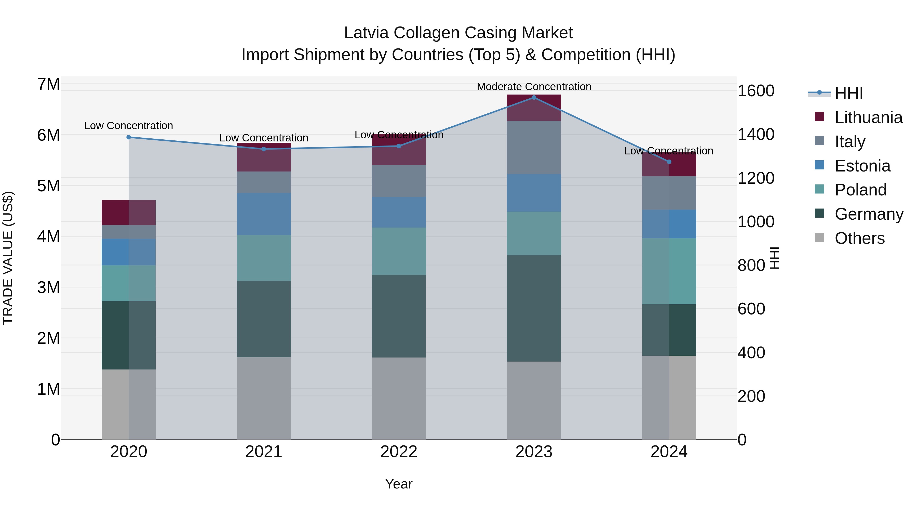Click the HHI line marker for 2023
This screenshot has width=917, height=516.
pyautogui.click(x=534, y=98)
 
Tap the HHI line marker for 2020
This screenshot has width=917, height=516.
pyautogui.click(x=129, y=137)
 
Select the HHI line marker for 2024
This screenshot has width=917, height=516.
pyautogui.click(x=669, y=162)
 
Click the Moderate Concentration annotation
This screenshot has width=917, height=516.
pyautogui.click(x=534, y=87)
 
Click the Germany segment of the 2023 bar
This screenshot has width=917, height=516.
pyautogui.click(x=534, y=308)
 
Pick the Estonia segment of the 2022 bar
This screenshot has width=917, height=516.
pyautogui.click(x=399, y=212)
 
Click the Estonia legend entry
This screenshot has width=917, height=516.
pyautogui.click(x=862, y=166)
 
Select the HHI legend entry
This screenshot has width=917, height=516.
pyautogui.click(x=849, y=93)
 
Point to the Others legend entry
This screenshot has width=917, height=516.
pyautogui.click(x=859, y=238)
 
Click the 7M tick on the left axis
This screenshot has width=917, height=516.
pyautogui.click(x=48, y=84)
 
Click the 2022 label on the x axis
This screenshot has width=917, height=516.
pyautogui.click(x=399, y=452)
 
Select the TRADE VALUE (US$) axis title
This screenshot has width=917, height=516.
pyautogui.click(x=8, y=258)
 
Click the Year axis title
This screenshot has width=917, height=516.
pyautogui.click(x=399, y=484)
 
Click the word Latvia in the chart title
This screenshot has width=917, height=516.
pyautogui.click(x=366, y=33)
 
